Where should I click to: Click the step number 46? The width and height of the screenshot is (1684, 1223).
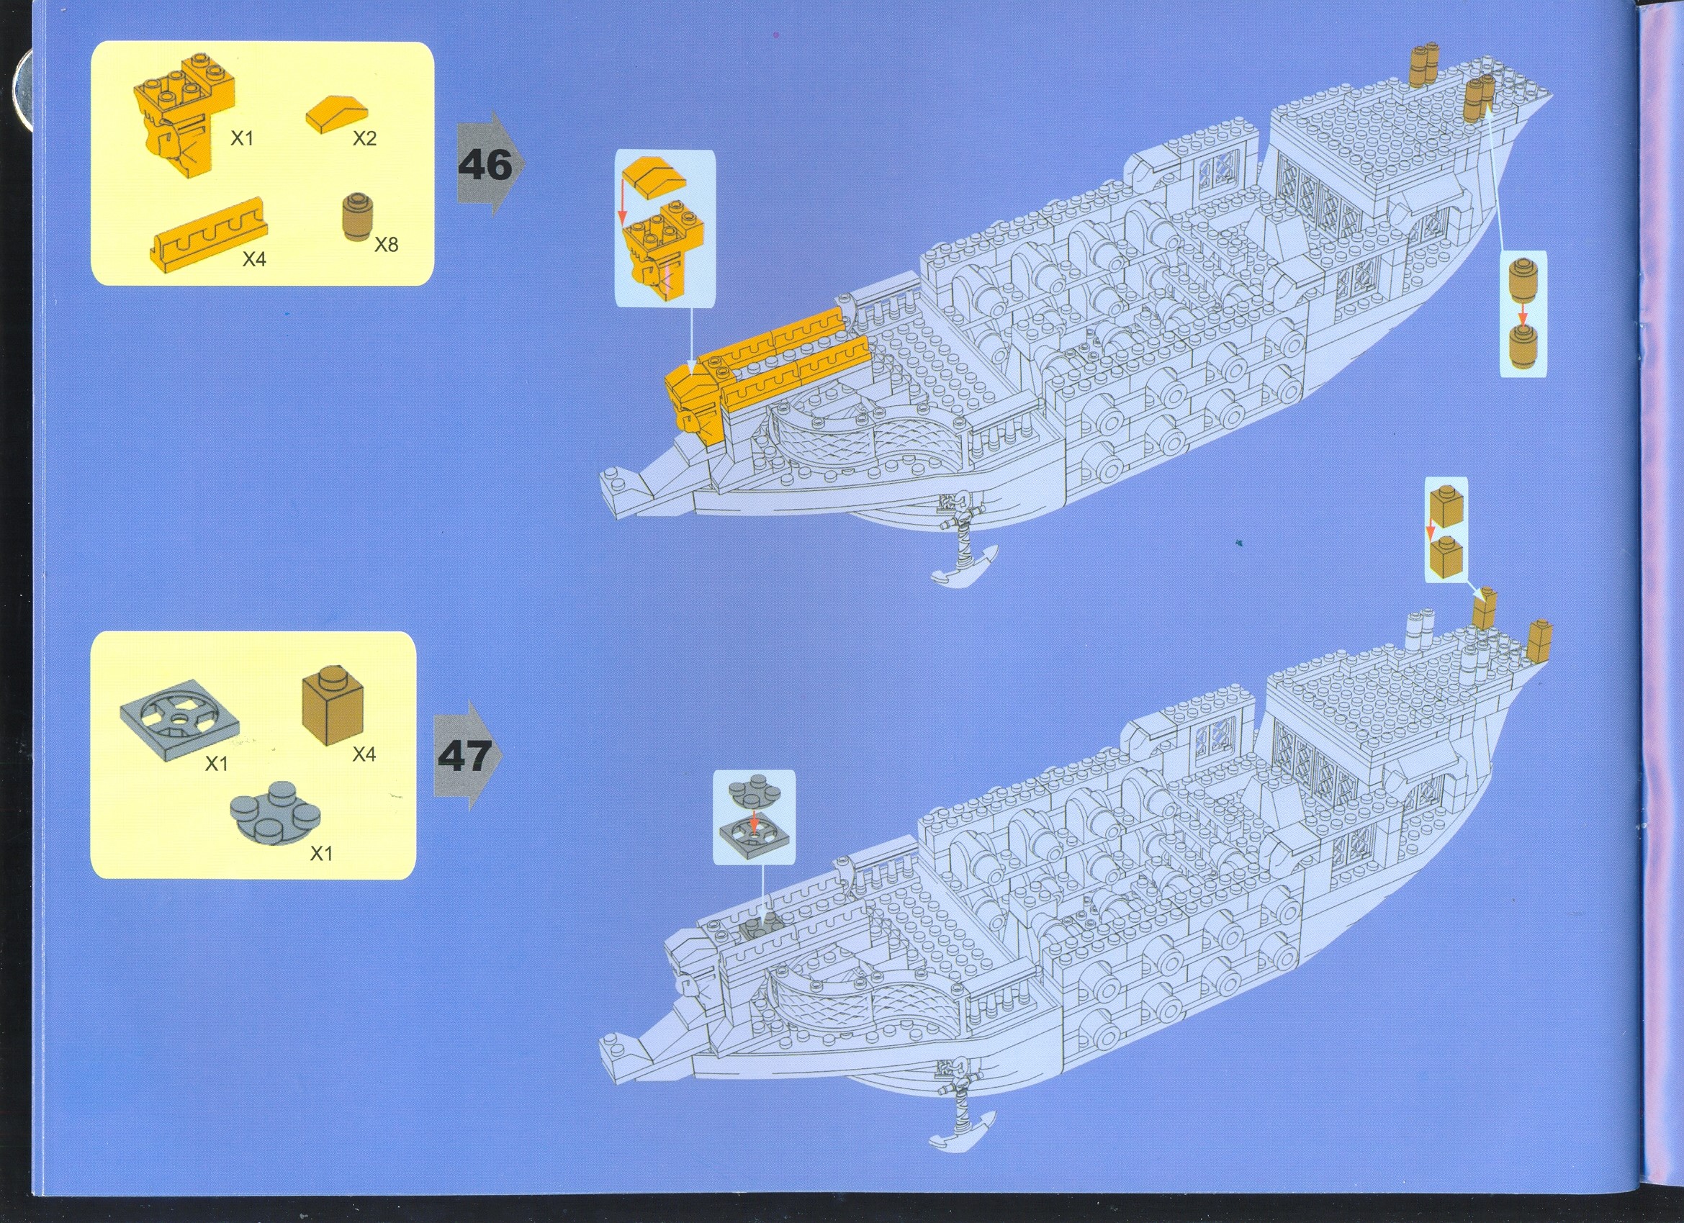coord(485,165)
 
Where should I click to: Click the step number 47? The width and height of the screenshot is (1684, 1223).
coord(464,755)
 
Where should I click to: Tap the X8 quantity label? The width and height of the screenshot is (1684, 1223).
coord(386,244)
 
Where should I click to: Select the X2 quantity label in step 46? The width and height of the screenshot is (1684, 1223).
coord(364,138)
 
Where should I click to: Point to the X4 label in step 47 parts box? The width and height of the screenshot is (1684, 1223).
coord(364,754)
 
